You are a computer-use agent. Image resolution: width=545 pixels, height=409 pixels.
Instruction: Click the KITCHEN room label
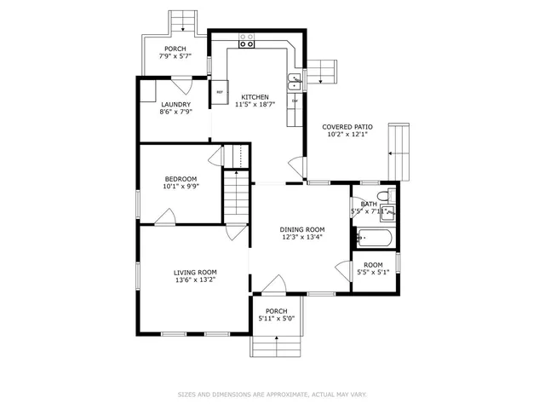(255, 96)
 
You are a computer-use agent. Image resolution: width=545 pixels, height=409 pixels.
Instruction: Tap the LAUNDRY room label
(175, 105)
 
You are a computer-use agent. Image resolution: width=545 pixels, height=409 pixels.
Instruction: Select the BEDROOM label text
(180, 179)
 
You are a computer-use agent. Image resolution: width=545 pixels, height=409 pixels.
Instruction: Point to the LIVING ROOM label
(195, 272)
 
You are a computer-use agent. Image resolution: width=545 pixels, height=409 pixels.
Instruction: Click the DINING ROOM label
(302, 229)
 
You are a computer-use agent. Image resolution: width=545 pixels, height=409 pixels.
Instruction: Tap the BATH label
(368, 204)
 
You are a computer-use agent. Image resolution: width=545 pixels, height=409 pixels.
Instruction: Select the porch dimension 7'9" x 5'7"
(175, 56)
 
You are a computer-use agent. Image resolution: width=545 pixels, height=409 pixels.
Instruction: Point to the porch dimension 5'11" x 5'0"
(276, 320)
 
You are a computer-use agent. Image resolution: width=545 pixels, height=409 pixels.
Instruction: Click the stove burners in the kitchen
(247, 37)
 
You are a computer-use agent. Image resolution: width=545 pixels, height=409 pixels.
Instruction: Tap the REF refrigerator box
(219, 92)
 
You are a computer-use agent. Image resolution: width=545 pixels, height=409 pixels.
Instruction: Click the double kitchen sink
(295, 82)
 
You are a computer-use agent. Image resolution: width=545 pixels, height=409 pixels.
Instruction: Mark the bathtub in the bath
(373, 238)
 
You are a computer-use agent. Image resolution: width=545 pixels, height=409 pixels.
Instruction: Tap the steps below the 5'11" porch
(276, 345)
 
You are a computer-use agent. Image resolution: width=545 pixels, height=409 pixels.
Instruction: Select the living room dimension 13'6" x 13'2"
(195, 279)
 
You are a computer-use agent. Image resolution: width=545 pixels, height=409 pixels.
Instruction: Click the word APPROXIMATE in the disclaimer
(278, 395)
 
